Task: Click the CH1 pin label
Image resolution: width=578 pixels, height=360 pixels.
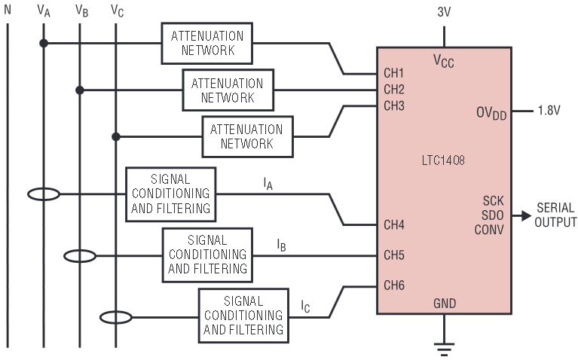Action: tap(394, 74)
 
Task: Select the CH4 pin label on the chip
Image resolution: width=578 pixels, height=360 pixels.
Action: tap(394, 224)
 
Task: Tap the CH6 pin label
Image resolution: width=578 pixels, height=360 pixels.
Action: tap(394, 285)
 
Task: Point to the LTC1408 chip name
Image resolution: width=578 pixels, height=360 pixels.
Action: tap(444, 160)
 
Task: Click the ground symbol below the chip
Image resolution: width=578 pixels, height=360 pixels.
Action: tap(444, 349)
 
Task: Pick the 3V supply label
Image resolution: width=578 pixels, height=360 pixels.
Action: tap(445, 13)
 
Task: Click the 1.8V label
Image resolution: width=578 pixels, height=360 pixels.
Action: tap(549, 111)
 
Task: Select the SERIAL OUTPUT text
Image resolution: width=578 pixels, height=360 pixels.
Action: tap(555, 215)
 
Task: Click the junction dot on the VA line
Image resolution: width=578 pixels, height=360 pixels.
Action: tap(44, 43)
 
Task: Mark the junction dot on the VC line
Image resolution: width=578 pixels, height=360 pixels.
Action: tap(115, 136)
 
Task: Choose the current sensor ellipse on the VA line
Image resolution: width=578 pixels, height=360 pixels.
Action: tap(44, 194)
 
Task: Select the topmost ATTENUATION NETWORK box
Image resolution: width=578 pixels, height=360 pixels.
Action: tap(207, 43)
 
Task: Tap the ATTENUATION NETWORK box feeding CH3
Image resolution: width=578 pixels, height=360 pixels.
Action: tap(247, 136)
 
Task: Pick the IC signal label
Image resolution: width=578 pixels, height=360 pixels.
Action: tap(305, 307)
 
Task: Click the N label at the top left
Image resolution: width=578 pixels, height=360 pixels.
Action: tap(8, 11)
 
